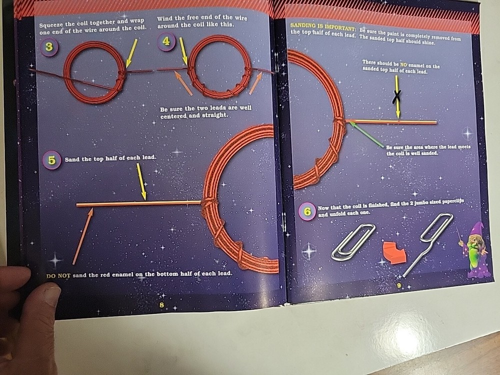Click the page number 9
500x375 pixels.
tap(399, 286)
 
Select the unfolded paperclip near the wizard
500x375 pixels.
tap(428, 242)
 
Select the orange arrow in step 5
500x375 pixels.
tap(83, 236)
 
